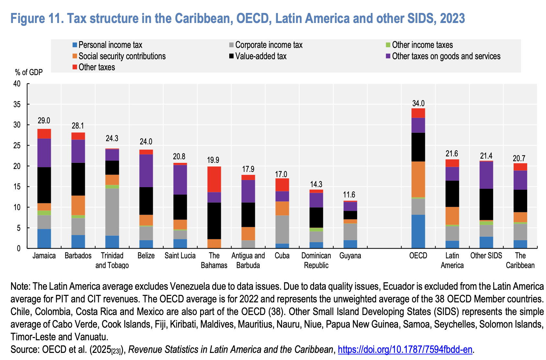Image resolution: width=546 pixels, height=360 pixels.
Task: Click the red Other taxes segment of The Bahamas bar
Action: point(214,179)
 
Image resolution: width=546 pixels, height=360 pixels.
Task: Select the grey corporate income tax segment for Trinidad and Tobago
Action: point(112,212)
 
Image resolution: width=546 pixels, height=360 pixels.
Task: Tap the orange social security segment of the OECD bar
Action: point(418,179)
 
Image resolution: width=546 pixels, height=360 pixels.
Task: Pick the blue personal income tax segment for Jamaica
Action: point(44,239)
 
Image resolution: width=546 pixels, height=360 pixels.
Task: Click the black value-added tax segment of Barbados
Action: point(78,179)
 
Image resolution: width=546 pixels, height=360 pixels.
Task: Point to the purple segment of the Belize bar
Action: point(146,171)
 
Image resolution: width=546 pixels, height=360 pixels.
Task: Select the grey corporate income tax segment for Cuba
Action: point(282,230)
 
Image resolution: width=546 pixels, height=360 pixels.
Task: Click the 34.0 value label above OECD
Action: point(418,104)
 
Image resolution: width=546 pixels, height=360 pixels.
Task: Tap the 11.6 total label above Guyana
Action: point(349,195)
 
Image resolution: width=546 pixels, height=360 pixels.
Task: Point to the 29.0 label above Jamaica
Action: point(44,121)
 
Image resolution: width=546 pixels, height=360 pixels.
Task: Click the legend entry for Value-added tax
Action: point(261,56)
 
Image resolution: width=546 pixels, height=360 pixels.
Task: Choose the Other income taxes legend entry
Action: point(422,45)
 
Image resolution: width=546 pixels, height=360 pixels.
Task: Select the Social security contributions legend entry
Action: point(122,56)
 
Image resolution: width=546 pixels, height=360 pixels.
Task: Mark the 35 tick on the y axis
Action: point(17,105)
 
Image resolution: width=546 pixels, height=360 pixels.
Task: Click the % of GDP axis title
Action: point(29,72)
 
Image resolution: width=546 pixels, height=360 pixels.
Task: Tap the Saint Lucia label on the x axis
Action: point(180,256)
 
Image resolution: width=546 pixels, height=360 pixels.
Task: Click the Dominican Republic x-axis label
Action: point(316,260)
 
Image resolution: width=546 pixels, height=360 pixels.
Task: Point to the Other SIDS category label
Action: point(486,256)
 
